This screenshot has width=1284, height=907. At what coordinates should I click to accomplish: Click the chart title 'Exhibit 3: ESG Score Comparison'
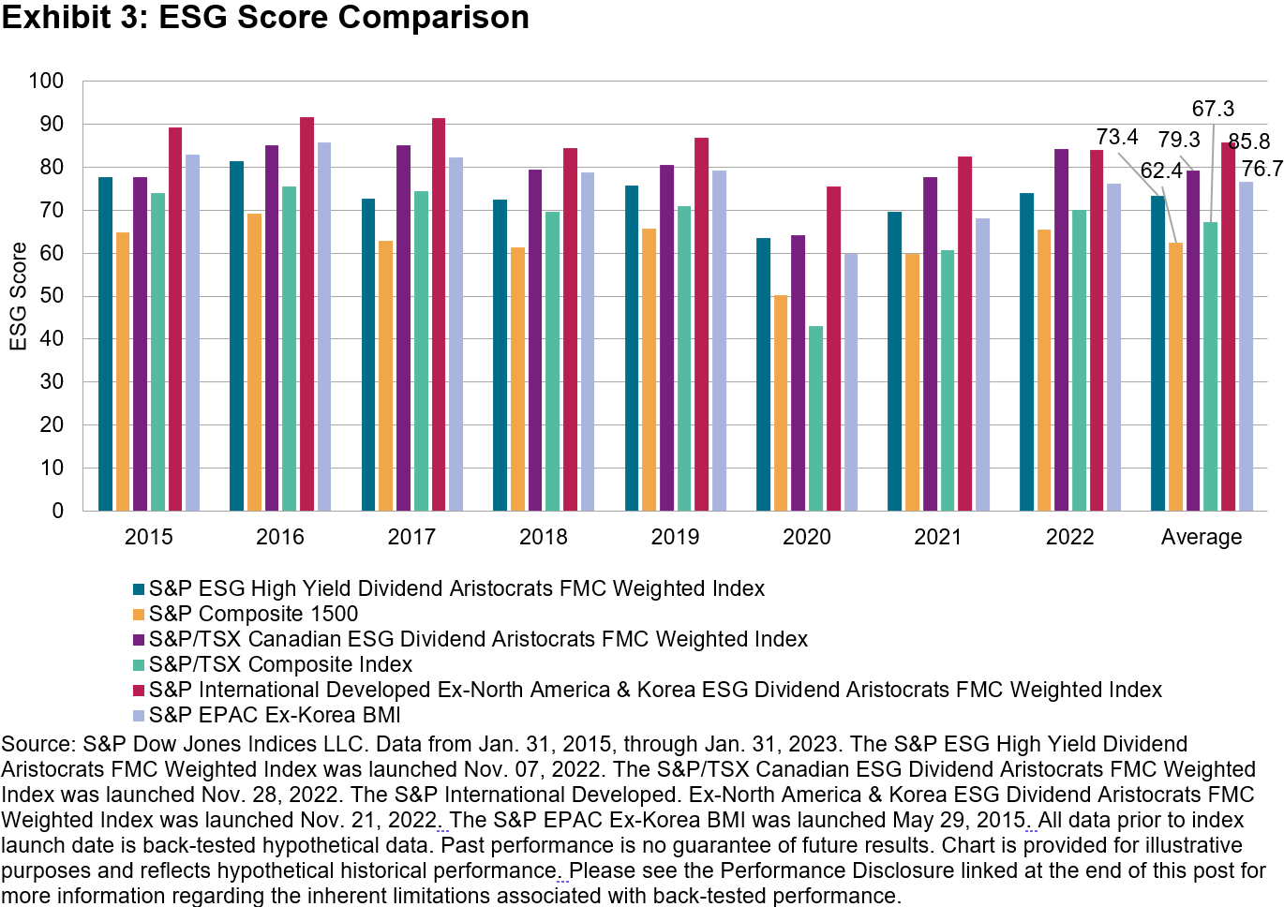(265, 17)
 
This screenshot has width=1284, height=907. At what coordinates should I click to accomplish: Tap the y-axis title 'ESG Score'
(18, 296)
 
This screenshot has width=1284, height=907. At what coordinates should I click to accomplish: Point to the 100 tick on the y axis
(46, 81)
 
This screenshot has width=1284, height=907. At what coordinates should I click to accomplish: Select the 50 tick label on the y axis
(52, 296)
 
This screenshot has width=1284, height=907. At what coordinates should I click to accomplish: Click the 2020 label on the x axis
(806, 537)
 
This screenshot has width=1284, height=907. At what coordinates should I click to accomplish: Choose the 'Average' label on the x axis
(1201, 537)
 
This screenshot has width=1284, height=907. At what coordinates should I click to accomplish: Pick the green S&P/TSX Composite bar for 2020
(815, 418)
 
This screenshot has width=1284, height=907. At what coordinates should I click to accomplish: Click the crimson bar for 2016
(306, 314)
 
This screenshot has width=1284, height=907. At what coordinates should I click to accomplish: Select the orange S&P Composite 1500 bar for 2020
(781, 403)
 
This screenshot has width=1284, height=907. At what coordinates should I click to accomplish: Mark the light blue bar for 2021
(982, 364)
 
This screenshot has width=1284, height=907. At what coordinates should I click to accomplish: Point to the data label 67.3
(1213, 109)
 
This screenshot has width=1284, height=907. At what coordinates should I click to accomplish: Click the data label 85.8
(1249, 141)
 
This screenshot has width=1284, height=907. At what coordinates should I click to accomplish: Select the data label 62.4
(1161, 171)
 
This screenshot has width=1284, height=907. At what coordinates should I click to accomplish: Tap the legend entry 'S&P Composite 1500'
(253, 614)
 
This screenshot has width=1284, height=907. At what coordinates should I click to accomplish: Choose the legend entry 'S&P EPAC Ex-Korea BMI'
(275, 715)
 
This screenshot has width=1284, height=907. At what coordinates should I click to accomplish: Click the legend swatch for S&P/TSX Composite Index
(139, 665)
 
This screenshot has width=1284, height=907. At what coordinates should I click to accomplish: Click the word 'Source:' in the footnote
(38, 744)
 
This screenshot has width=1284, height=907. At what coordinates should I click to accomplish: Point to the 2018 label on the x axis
(543, 537)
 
